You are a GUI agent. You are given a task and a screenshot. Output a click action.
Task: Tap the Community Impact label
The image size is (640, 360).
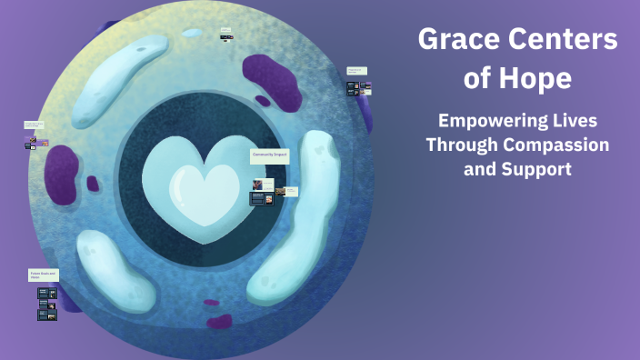tap(269, 156)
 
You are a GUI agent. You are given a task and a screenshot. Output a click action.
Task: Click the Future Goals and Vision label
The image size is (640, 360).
tap(43, 275)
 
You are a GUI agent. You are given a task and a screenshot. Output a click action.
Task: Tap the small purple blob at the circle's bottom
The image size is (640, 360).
tap(219, 321)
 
